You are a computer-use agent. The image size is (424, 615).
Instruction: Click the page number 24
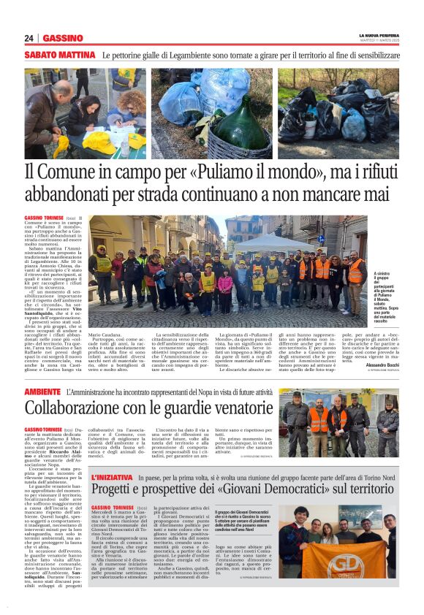click(29, 38)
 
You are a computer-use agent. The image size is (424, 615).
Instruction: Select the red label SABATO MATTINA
click(60, 56)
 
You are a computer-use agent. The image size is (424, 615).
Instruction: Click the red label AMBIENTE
click(42, 392)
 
